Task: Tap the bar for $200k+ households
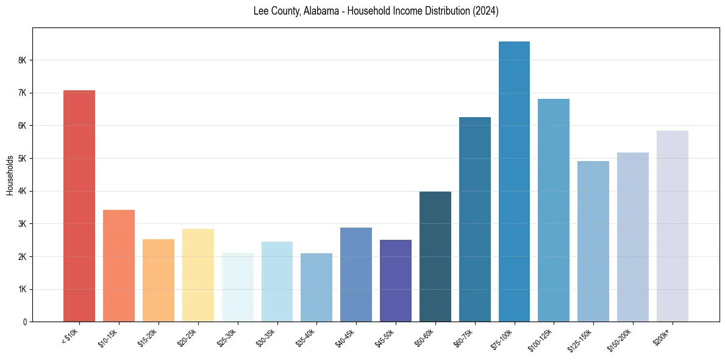tap(672, 226)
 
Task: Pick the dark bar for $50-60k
tap(435, 256)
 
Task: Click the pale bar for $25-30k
tap(237, 287)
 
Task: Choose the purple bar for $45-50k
tap(396, 281)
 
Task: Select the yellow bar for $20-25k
tap(198, 275)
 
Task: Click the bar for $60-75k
tap(474, 219)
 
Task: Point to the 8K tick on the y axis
tap(23, 60)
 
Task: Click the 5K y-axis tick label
tap(23, 159)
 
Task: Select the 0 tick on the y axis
tap(24, 322)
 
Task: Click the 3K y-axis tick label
tap(23, 224)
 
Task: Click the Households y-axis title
tap(10, 175)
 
